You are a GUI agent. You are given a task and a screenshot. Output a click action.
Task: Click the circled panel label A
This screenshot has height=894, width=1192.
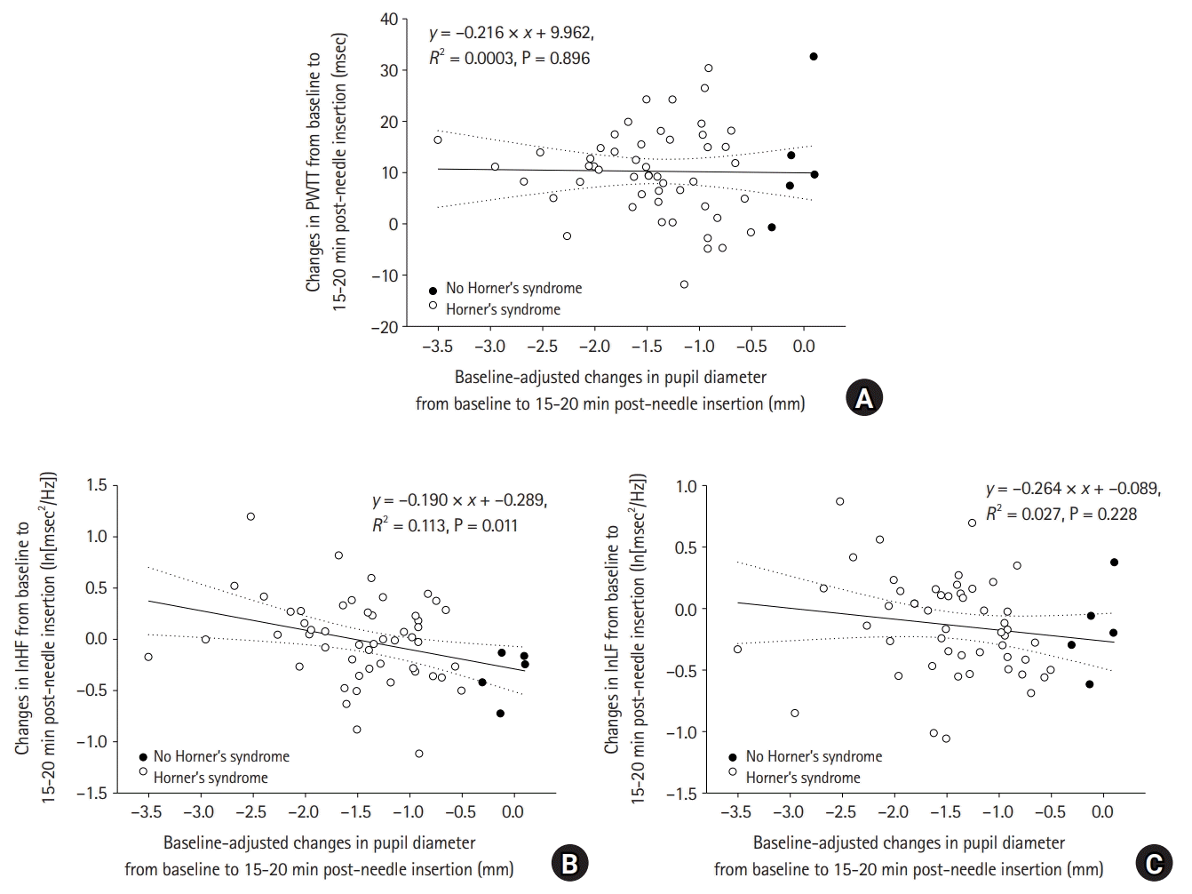pyautogui.click(x=864, y=397)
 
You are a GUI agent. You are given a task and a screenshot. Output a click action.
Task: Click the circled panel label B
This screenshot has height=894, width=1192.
pyautogui.click(x=569, y=863)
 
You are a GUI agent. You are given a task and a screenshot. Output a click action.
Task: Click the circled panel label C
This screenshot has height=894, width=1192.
pyautogui.click(x=1154, y=863)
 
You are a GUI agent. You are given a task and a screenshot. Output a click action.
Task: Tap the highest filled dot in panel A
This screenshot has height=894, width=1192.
pyautogui.click(x=814, y=57)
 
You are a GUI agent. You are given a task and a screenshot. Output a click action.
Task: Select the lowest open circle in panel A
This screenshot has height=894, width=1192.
pyautogui.click(x=684, y=284)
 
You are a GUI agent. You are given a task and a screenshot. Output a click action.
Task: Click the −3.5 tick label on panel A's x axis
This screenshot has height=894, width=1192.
pyautogui.click(x=437, y=346)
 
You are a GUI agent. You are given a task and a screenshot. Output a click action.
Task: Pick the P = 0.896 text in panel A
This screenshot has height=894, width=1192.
pyautogui.click(x=555, y=58)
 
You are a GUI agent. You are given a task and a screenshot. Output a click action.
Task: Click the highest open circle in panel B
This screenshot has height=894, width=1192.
pyautogui.click(x=250, y=516)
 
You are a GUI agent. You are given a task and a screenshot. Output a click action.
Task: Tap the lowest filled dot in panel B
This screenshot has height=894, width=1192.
pyautogui.click(x=501, y=713)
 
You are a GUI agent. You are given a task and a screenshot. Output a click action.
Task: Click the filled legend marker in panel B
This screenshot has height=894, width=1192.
pyautogui.click(x=143, y=757)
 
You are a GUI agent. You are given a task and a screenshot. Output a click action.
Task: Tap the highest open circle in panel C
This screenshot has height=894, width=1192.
pyautogui.click(x=840, y=501)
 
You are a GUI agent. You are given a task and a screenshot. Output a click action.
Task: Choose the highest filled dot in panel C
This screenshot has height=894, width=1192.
pyautogui.click(x=1114, y=563)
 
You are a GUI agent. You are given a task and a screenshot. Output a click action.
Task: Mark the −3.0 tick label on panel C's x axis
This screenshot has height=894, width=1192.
pyautogui.click(x=788, y=812)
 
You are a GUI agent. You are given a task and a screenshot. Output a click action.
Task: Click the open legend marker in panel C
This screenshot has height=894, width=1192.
pyautogui.click(x=733, y=771)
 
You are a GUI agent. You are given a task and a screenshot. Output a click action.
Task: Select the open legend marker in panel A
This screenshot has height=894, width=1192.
pyautogui.click(x=433, y=305)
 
